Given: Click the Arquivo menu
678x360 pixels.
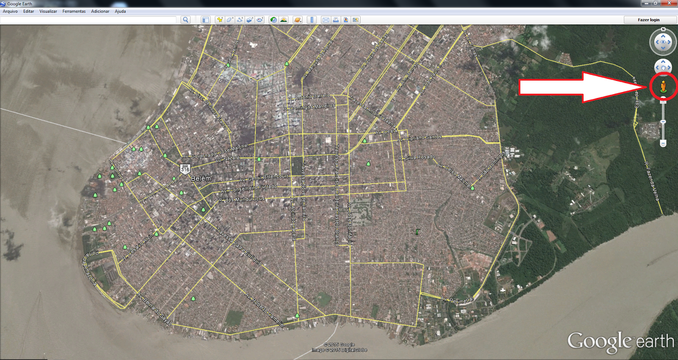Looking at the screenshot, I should pos(10,11).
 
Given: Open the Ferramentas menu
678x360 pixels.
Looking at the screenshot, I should pos(74,11).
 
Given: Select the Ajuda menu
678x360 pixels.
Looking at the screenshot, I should pos(120,11).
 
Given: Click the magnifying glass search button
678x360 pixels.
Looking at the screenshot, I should pos(185,20).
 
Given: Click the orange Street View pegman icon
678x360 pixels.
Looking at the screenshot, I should pos(663,87).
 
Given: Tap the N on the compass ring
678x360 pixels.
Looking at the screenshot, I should pos(663,29).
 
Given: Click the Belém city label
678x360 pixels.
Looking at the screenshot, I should pos(201,179).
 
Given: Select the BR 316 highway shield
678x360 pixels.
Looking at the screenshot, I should pos(185,168).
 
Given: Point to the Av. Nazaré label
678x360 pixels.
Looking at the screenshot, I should pos(228,159).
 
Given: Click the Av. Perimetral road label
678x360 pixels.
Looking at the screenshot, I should pos(457,300).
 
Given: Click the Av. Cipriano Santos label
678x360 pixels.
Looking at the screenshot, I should pos(420,138).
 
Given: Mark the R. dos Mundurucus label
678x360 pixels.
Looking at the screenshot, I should pos(242,199).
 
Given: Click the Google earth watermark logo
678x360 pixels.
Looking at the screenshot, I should pos(620,342).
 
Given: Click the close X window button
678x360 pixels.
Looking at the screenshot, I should pos(669,3).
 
